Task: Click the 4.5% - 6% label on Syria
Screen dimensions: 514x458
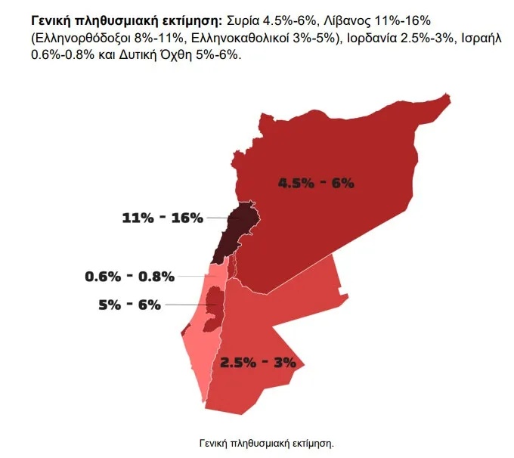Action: (316, 182)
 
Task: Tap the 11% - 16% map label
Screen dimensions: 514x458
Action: (163, 218)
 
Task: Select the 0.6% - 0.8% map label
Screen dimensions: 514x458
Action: (129, 276)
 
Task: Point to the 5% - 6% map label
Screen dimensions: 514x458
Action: (129, 305)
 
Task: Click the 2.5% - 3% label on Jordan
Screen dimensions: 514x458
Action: (258, 362)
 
